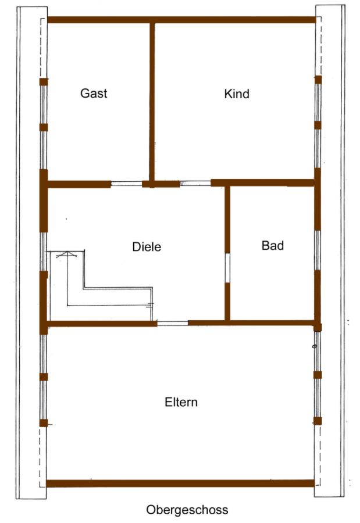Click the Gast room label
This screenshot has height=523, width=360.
[94, 93]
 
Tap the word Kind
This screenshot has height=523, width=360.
[237, 94]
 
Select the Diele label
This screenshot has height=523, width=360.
[147, 247]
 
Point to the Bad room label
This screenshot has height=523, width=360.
[273, 245]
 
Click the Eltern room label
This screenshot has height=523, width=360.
[181, 402]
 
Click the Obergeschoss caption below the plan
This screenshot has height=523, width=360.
[187, 510]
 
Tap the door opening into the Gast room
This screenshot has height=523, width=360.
[127, 184]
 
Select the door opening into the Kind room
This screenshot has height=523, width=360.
[195, 183]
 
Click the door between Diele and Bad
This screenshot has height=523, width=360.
[227, 268]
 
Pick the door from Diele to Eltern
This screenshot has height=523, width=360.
[173, 323]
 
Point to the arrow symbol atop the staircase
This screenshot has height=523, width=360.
[67, 255]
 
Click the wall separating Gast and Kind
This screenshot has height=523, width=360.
[152, 103]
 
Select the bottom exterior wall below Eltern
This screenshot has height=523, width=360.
[180, 483]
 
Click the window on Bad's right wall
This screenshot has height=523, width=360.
[318, 250]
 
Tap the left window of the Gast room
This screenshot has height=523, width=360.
[44, 126]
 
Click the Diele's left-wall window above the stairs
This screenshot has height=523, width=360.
[43, 252]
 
